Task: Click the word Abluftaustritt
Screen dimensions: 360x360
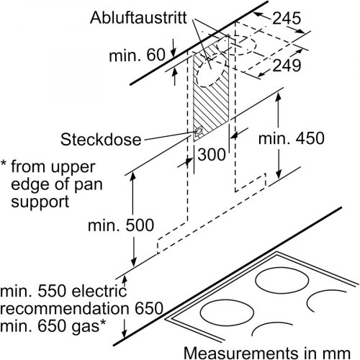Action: click(x=138, y=17)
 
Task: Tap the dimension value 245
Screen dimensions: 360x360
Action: click(x=287, y=18)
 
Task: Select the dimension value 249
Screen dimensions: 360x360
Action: click(x=287, y=66)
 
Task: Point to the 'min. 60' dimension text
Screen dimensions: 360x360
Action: click(x=137, y=55)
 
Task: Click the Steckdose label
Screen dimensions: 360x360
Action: click(x=101, y=140)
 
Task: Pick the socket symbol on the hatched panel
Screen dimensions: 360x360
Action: click(x=199, y=132)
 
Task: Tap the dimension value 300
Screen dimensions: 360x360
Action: click(x=212, y=154)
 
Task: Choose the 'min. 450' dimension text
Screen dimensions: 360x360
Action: click(x=292, y=138)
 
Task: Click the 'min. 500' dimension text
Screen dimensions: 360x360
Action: click(x=121, y=225)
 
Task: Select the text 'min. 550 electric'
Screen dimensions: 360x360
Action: click(x=63, y=291)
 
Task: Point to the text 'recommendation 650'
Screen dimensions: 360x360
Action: click(x=81, y=308)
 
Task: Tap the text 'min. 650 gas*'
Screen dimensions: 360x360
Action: click(x=53, y=325)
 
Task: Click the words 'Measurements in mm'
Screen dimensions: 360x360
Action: click(x=267, y=353)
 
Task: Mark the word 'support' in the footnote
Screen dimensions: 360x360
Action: click(x=40, y=202)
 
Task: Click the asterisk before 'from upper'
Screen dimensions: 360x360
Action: click(x=4, y=164)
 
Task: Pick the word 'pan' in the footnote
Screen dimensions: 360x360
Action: click(x=89, y=185)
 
